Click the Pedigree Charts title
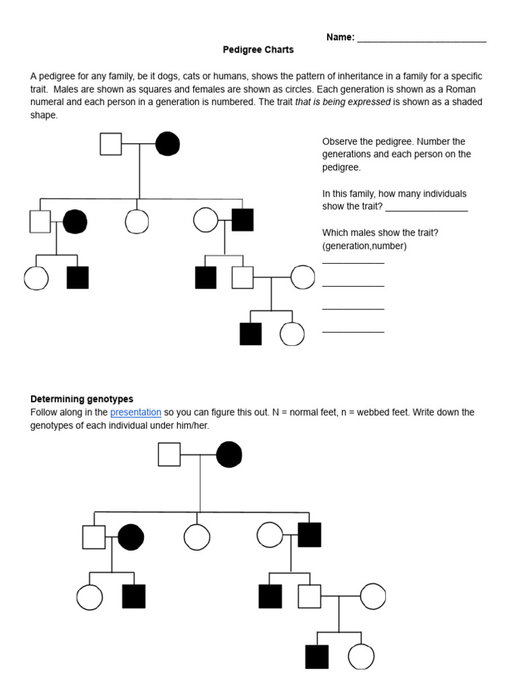258,50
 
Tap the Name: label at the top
340,37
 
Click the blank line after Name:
421,38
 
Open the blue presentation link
135,412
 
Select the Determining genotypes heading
81,399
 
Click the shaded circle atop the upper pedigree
168,143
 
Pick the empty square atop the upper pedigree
111,143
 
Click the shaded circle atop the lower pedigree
229,455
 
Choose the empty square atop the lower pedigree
169,455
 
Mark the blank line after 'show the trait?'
426,207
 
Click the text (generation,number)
364,246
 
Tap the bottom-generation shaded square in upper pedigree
250,334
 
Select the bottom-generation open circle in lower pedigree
361,657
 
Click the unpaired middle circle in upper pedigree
137,221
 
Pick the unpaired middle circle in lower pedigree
197,536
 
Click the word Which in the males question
335,233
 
